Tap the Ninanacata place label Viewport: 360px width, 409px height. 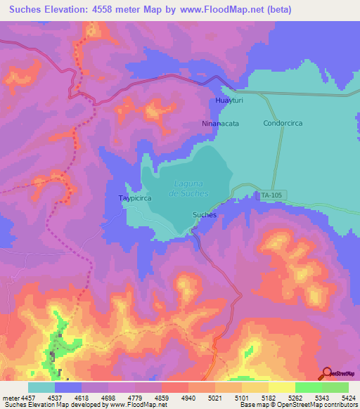coord(219,123)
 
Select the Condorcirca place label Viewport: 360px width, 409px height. coord(283,123)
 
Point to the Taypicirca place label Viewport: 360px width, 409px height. coord(135,199)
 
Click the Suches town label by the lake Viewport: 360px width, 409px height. coord(204,214)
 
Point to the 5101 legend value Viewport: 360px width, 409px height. coord(226,397)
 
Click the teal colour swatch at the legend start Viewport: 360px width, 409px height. coord(41,387)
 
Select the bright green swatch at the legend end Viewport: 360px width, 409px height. coord(335,387)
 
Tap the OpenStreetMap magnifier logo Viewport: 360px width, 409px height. coord(327,374)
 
